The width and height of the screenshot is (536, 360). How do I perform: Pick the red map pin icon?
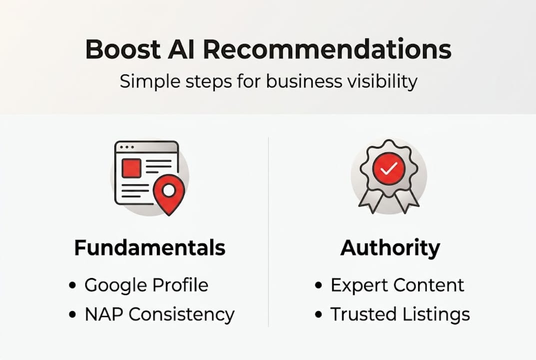click(x=169, y=194)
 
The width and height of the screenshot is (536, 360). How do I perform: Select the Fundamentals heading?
click(x=149, y=248)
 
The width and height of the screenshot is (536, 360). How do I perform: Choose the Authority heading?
click(x=390, y=248)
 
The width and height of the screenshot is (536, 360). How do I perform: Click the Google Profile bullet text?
click(x=146, y=285)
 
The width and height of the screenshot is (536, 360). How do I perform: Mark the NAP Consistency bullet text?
click(x=159, y=314)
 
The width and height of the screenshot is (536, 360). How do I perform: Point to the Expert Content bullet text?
click(x=397, y=285)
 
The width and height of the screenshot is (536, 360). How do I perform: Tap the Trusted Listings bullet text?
click(x=400, y=314)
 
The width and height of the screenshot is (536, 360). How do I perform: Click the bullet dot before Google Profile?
click(x=73, y=285)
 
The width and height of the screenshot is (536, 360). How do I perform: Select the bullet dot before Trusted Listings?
click(x=319, y=314)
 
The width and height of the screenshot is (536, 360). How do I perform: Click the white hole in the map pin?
click(x=169, y=190)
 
